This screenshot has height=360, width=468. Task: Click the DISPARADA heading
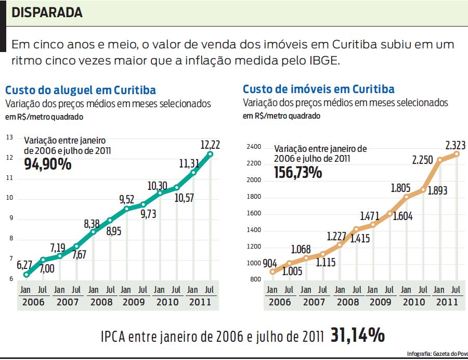(x=47, y=12)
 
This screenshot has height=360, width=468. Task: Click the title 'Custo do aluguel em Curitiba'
(x=81, y=90)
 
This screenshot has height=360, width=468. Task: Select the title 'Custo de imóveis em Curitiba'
(x=318, y=89)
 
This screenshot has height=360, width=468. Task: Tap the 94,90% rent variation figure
(x=48, y=164)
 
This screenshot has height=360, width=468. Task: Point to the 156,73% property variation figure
(x=297, y=172)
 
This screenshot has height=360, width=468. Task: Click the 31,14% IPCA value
(x=358, y=336)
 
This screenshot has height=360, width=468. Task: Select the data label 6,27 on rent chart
(x=24, y=265)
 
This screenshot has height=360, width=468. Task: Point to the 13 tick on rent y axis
(x=9, y=137)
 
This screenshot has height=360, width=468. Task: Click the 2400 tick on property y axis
(x=254, y=147)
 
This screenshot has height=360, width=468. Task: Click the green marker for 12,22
(x=210, y=153)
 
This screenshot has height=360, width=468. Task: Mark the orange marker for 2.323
(x=457, y=153)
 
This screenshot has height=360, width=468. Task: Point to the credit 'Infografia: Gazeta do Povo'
(x=437, y=354)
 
